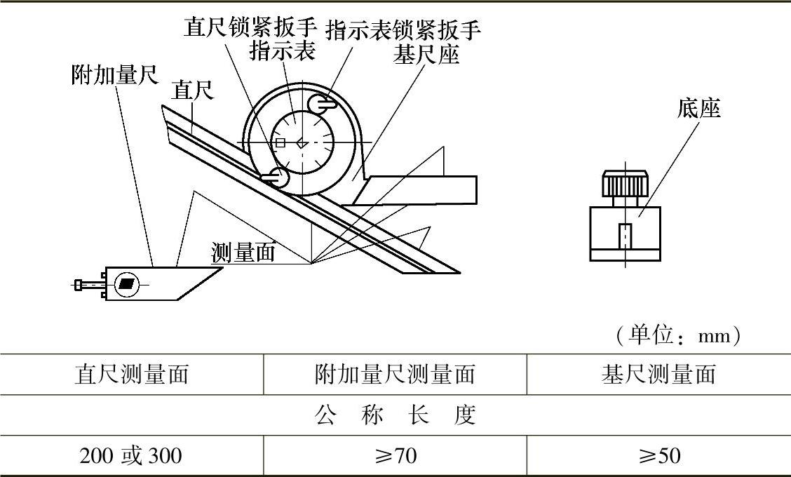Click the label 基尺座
(x=426, y=55)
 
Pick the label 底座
(x=699, y=108)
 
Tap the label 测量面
(x=243, y=253)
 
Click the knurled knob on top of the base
(x=623, y=185)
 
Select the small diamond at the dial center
(x=301, y=142)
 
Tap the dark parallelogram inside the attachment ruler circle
(x=127, y=284)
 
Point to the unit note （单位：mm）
(x=678, y=337)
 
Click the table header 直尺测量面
(x=132, y=375)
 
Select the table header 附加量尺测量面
(x=395, y=375)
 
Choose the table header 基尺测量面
(x=658, y=375)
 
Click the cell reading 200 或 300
(x=131, y=457)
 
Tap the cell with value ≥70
(x=395, y=457)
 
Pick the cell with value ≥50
(x=658, y=457)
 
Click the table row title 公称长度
(x=395, y=415)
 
